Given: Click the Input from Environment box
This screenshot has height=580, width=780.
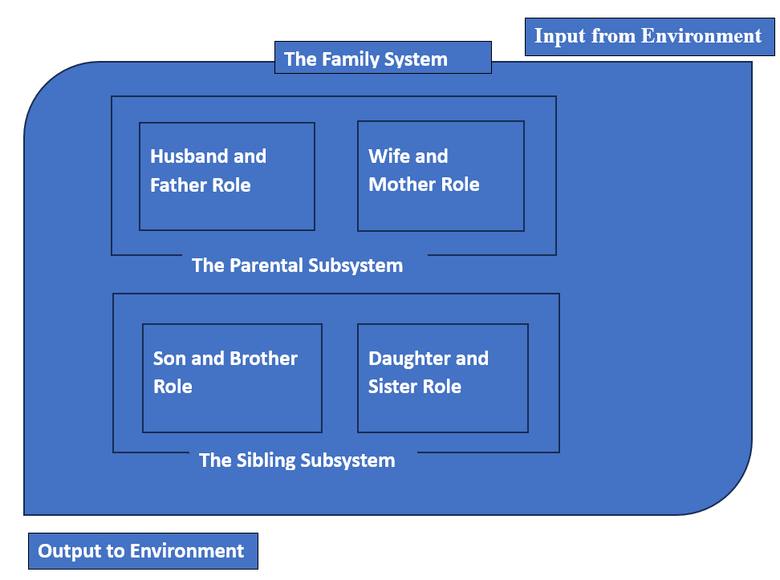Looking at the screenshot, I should pos(649,37).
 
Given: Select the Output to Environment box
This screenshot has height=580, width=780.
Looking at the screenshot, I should pos(143,551).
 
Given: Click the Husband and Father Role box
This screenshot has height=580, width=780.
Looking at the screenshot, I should pos(227,176).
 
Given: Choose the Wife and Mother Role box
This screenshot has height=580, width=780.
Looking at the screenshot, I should pos(441,176).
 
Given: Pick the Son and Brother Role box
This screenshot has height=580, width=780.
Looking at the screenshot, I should pos(232,378).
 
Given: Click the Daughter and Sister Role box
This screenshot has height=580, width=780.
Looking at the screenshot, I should pos(442,378).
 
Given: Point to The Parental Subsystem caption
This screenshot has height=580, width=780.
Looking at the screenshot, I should pos(297,266).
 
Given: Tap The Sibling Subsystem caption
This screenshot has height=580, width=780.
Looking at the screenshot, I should pos(297,460).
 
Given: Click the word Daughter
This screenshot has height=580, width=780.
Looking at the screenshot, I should pos(405,359).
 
